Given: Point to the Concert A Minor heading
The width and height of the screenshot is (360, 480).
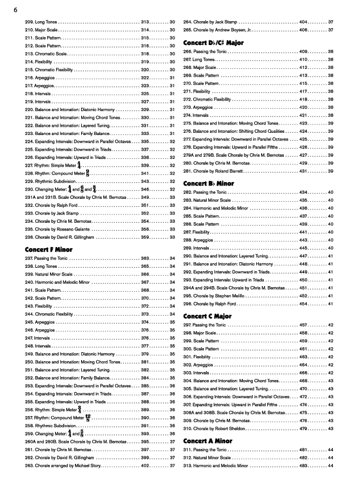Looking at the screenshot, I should pyautogui.click(x=208, y=441).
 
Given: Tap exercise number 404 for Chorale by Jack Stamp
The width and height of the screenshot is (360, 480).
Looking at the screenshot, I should pyautogui.click(x=303, y=21).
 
